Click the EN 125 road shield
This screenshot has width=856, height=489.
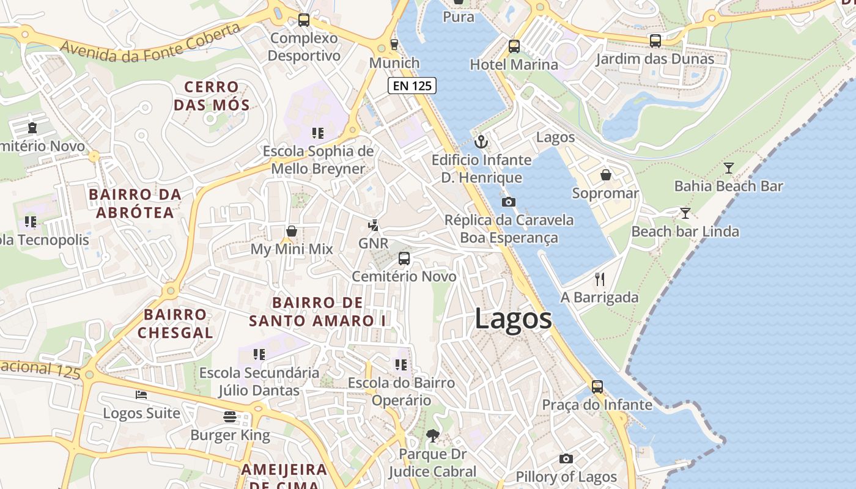point(412,86)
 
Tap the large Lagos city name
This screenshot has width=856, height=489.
point(513,319)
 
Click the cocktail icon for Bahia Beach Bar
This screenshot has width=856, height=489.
point(728,168)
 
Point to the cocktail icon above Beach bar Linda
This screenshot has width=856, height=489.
point(685,213)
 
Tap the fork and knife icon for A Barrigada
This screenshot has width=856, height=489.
point(600,279)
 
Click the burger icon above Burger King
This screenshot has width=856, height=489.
point(230,417)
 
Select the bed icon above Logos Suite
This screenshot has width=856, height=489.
point(141,395)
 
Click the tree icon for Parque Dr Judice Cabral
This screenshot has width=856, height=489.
point(433,436)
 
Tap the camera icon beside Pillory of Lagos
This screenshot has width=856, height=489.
point(566,458)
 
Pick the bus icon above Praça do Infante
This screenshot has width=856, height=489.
point(597,386)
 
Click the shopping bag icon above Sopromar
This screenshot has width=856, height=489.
point(606,175)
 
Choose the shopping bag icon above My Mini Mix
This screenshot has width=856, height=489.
point(292,231)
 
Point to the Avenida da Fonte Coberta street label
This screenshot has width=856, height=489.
point(150,45)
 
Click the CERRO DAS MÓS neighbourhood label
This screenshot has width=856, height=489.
point(212,96)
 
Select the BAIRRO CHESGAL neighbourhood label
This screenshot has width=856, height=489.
point(175,324)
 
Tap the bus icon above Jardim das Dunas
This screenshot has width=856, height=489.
point(655,41)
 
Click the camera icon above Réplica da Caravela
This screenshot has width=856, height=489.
point(508,202)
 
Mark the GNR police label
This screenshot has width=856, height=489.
point(373,243)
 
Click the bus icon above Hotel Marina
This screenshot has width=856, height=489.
point(514,46)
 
